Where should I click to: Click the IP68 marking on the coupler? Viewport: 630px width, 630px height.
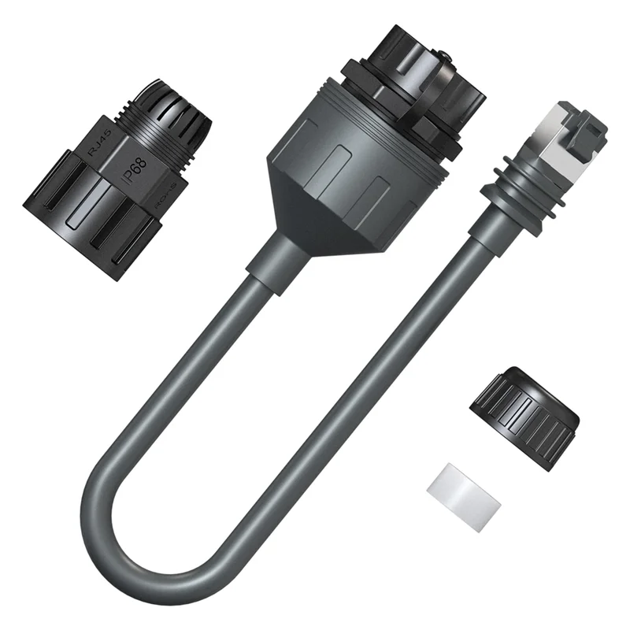pyautogui.click(x=135, y=169)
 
